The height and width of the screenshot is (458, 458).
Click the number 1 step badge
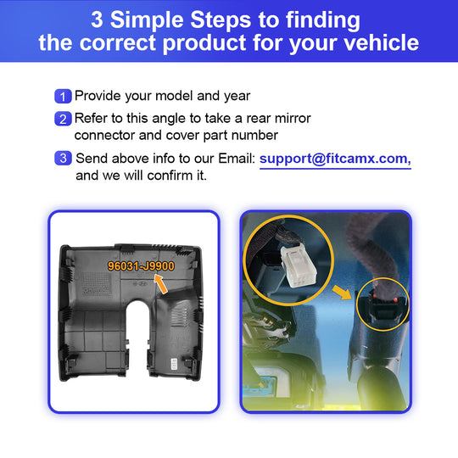tap(63, 96)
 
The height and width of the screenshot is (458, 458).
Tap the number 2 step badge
tap(63, 119)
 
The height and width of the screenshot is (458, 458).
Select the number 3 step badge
tap(63, 159)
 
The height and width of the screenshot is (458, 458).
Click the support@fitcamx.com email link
tap(335, 159)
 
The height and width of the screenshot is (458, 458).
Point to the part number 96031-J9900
tap(141, 265)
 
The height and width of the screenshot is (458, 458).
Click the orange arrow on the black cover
tap(160, 283)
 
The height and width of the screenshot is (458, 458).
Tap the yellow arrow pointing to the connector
tap(343, 293)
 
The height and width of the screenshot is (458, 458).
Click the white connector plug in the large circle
tap(298, 265)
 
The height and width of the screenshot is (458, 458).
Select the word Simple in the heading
tap(150, 20)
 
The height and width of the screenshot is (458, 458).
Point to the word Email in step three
tap(237, 159)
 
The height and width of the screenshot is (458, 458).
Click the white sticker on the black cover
tap(174, 364)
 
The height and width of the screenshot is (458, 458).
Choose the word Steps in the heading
tap(221, 20)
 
